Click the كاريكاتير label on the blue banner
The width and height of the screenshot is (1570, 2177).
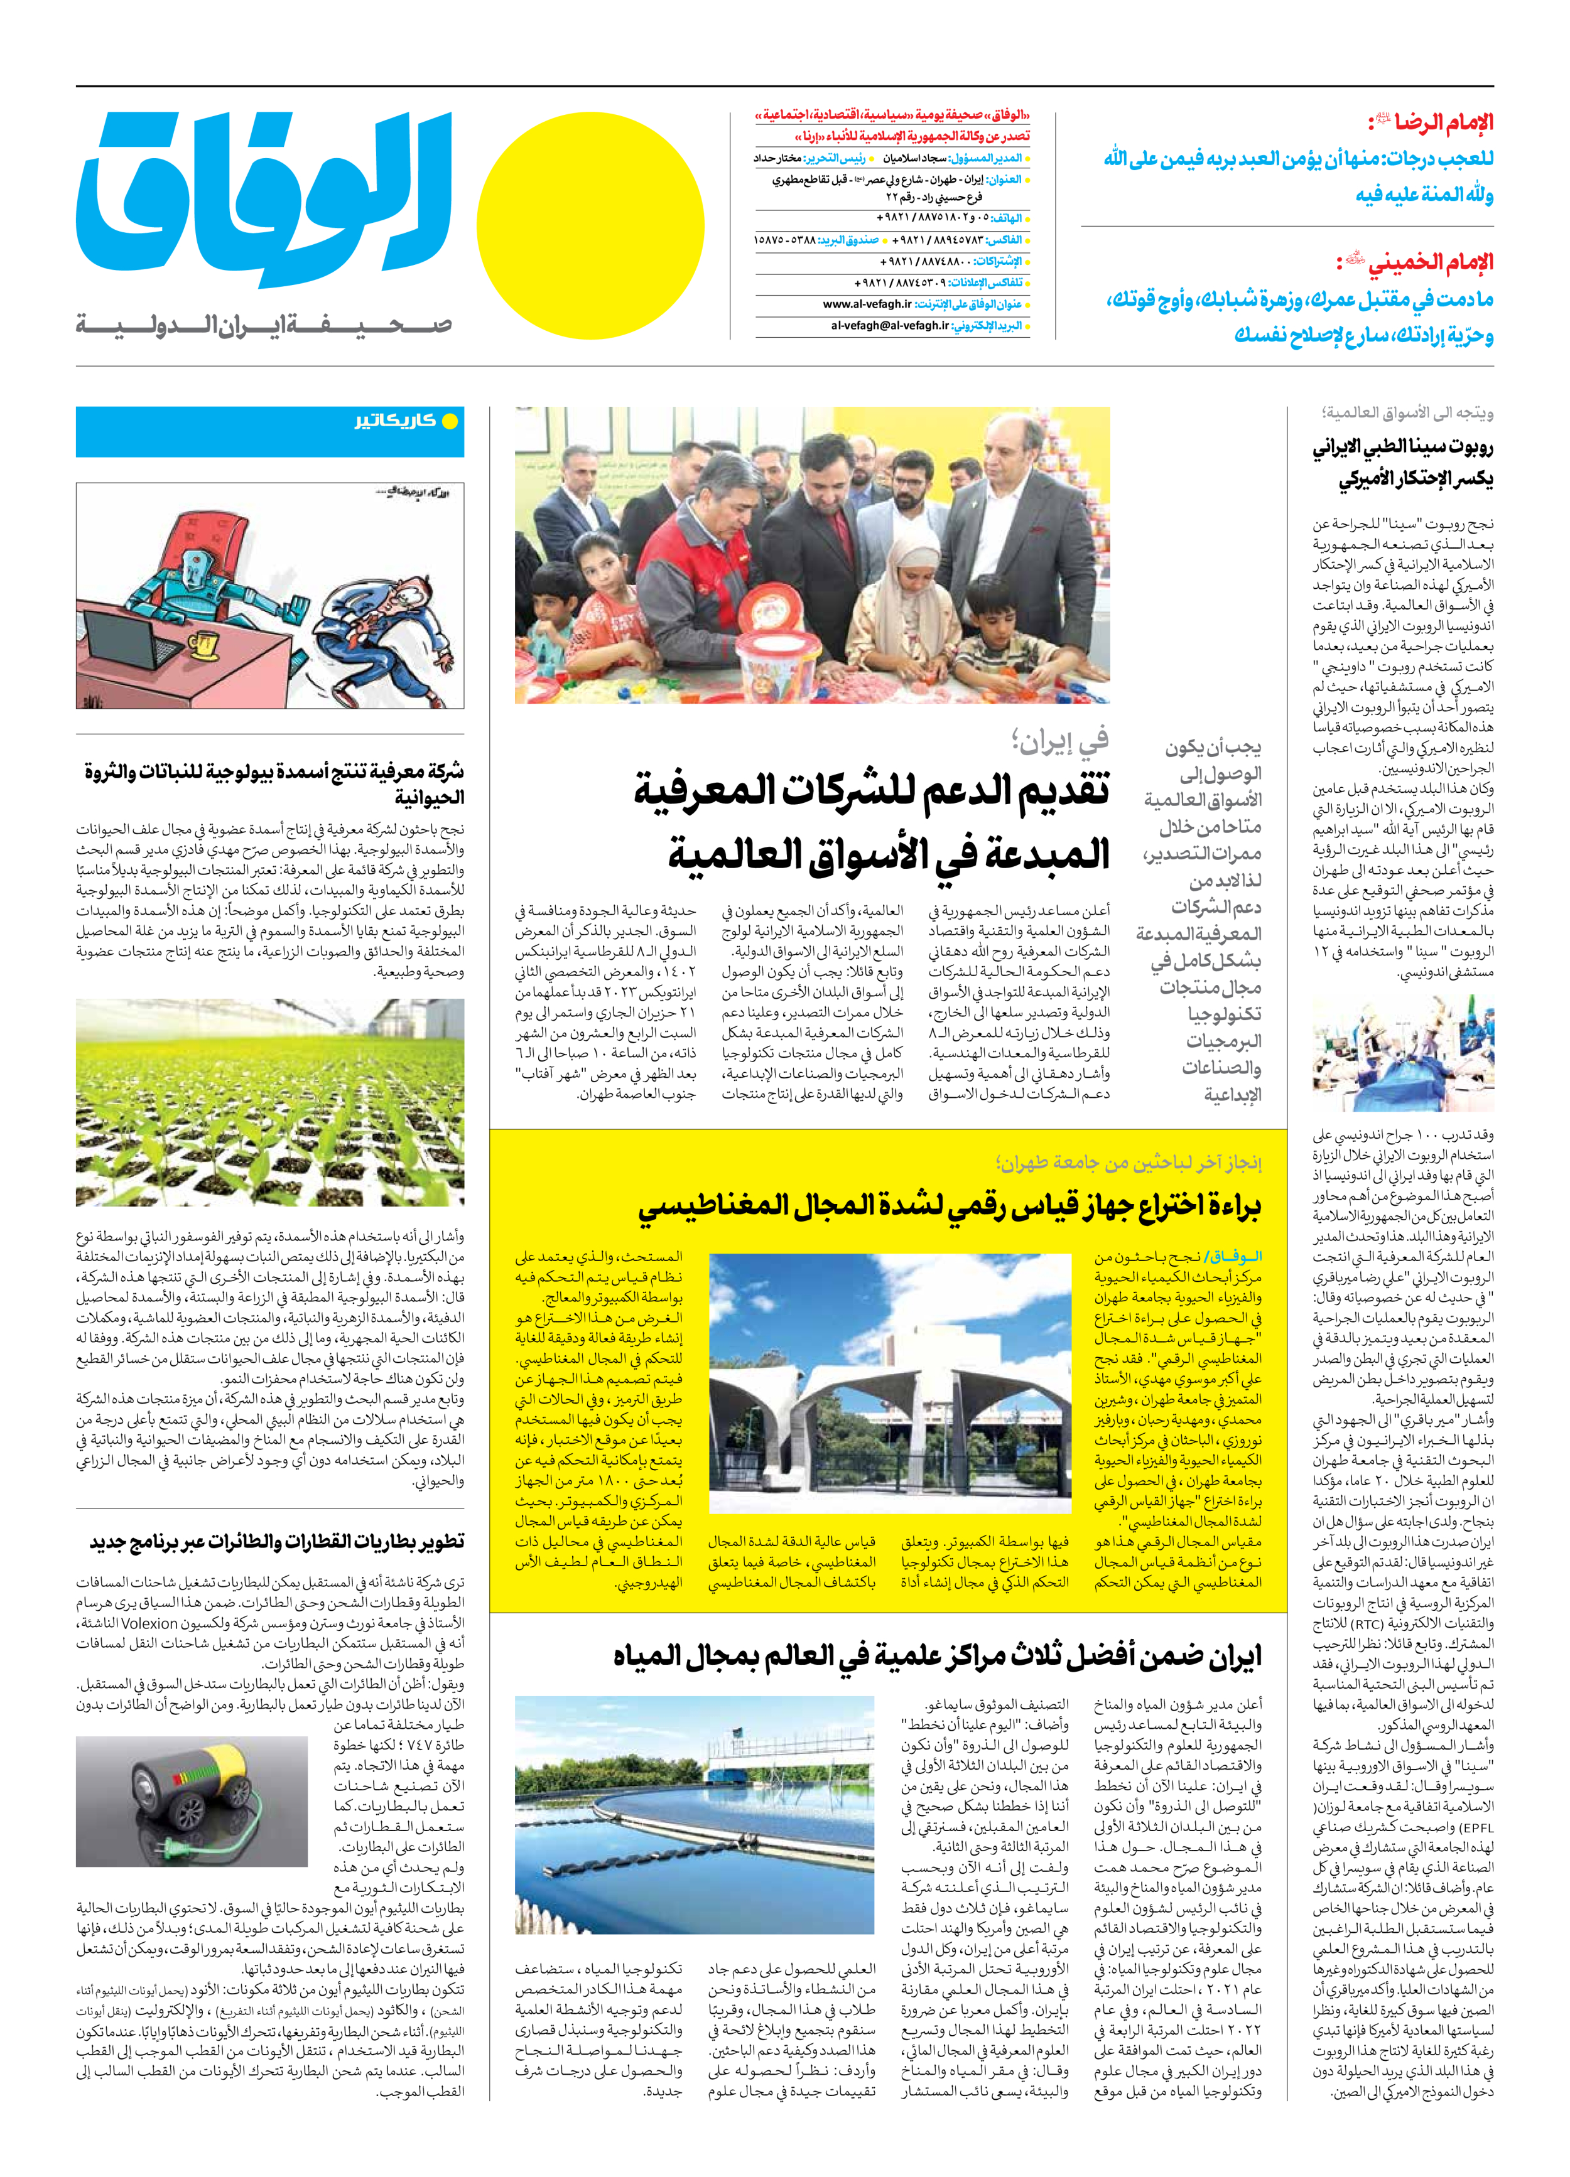394,421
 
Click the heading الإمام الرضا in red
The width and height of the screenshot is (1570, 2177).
1430,123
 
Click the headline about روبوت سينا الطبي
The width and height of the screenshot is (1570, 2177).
1402,463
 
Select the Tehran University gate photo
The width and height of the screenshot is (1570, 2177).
888,1383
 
